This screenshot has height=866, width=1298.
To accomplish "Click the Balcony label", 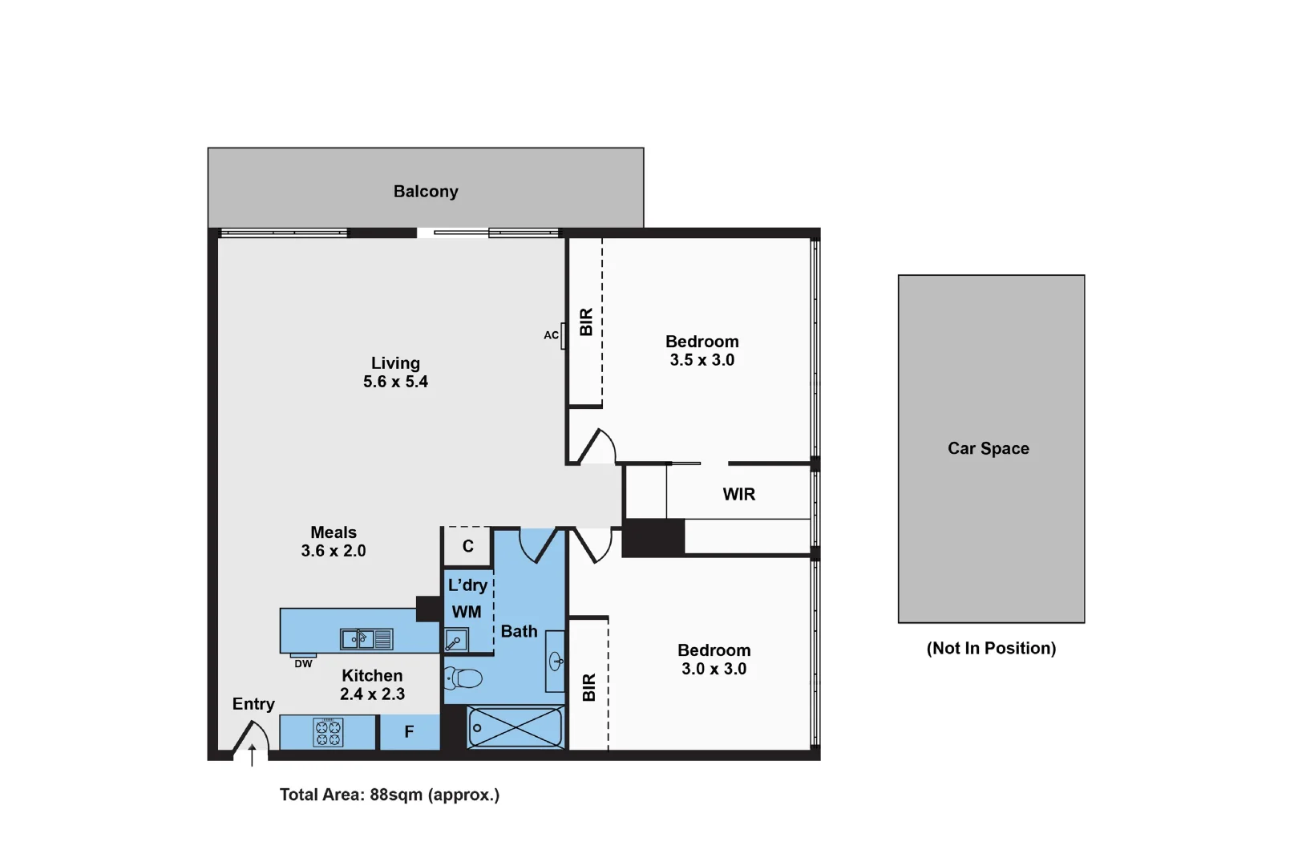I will [426, 192].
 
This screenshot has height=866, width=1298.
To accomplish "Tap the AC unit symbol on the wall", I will [564, 336].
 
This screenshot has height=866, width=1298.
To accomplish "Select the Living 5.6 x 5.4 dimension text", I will [395, 382].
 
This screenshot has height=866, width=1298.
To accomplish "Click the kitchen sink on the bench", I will [366, 639].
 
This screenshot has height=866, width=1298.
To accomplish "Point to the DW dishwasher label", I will [303, 664].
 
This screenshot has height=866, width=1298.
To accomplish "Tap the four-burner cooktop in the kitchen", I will [328, 733].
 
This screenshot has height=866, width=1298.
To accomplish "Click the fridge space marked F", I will [409, 732].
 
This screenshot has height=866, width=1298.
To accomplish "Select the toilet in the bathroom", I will [463, 678].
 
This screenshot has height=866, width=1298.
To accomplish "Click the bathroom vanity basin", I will [555, 662].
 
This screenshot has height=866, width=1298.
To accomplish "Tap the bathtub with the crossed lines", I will [516, 728].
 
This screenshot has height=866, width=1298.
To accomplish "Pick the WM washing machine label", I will [467, 613].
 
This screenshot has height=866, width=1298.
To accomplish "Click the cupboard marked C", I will [467, 547].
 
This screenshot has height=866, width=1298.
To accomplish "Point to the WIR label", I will [738, 495].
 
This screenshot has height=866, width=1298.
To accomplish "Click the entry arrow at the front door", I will [252, 755].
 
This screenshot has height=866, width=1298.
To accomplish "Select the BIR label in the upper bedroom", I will [586, 322].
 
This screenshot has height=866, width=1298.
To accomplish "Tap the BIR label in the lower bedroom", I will [589, 687].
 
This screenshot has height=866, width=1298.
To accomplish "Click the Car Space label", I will [988, 449].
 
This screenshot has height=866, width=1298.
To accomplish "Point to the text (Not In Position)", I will [991, 649].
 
